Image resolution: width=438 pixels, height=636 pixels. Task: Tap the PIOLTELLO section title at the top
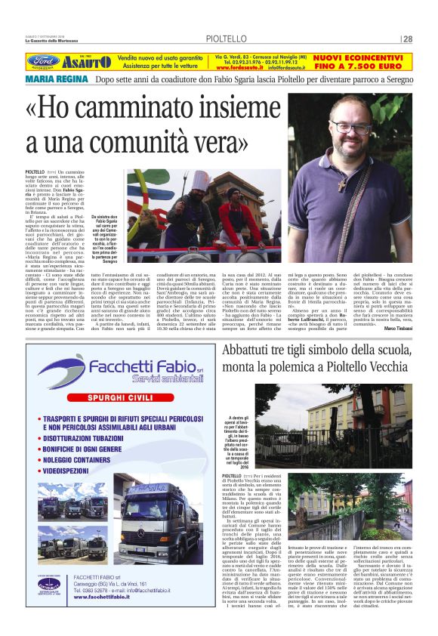[223, 39]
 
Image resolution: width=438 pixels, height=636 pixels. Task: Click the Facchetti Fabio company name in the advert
[133, 368]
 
